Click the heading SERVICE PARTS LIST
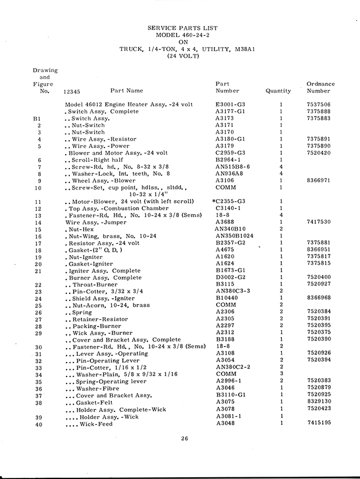pos(182,28)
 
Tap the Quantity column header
pos(277,91)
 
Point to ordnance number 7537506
pos(318,104)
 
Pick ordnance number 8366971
pos(318,180)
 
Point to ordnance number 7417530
pos(318,222)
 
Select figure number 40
pos(38,424)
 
